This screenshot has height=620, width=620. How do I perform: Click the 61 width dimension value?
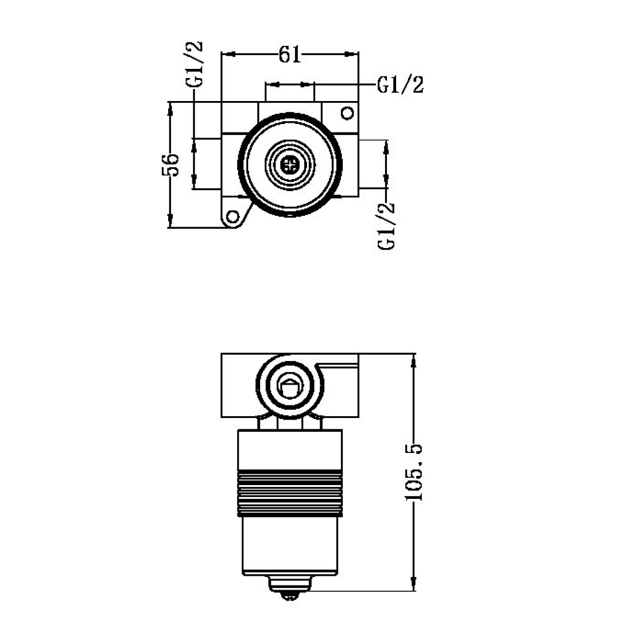(x=290, y=55)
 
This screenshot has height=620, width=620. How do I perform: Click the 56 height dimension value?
(x=170, y=165)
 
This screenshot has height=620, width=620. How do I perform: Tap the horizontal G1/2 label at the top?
(x=400, y=85)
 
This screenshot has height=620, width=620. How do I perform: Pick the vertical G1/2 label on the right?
(x=387, y=225)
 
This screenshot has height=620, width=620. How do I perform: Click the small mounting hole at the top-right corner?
(x=347, y=113)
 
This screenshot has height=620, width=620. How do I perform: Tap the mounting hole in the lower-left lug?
(x=232, y=217)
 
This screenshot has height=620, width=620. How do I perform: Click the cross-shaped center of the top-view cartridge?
(x=290, y=165)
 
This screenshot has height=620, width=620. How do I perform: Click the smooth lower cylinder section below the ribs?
(x=290, y=542)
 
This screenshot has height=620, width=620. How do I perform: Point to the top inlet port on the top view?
(x=290, y=109)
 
